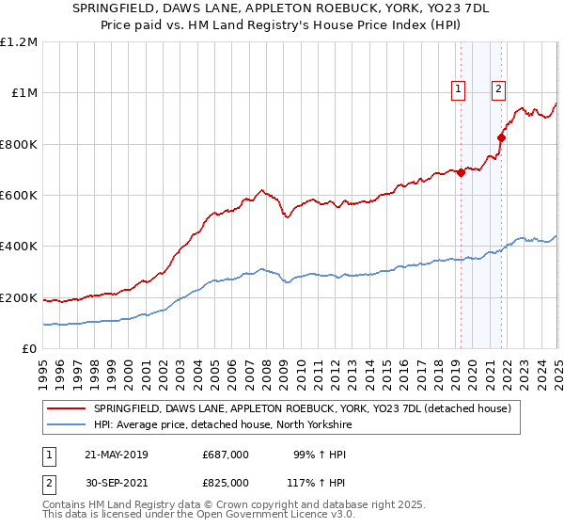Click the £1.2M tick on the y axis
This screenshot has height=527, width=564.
[19, 41]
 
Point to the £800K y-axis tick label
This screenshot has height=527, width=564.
[19, 144]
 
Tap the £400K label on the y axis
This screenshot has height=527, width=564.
[19, 247]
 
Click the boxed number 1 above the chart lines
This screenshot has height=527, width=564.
[459, 89]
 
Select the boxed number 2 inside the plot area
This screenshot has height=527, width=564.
[498, 89]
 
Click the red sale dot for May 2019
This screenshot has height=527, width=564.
[461, 172]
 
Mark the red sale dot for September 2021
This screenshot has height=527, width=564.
[501, 137]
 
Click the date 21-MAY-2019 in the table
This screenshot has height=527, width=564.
[116, 455]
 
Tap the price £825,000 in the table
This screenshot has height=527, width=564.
[226, 482]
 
